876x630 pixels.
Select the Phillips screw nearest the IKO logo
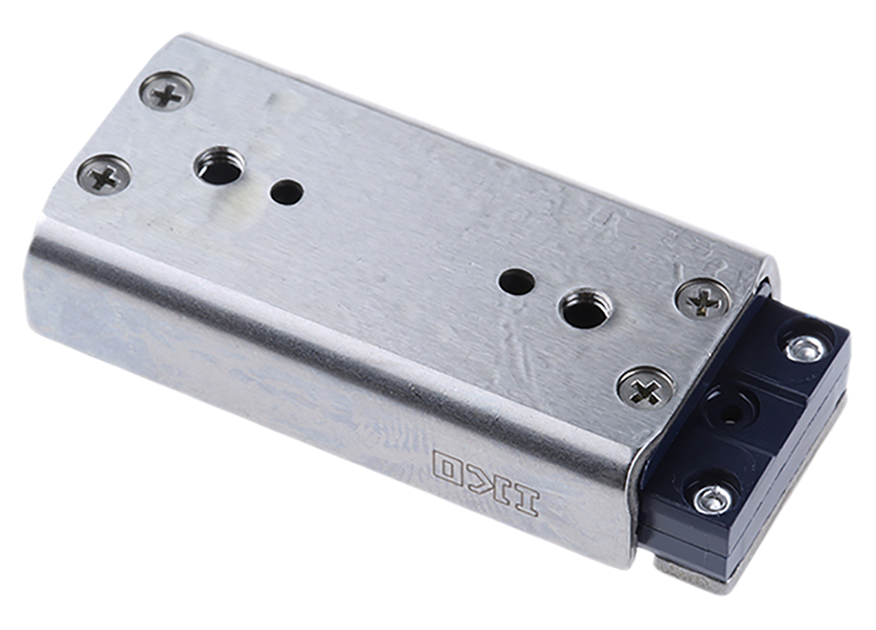pyautogui.click(x=645, y=387)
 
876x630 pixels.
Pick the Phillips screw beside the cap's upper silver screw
pyautogui.click(x=703, y=298)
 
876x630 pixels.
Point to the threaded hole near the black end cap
pyautogui.click(x=584, y=309)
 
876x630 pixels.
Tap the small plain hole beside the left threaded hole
pyautogui.click(x=286, y=193)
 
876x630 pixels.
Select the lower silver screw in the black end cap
pyautogui.click(x=713, y=499)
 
